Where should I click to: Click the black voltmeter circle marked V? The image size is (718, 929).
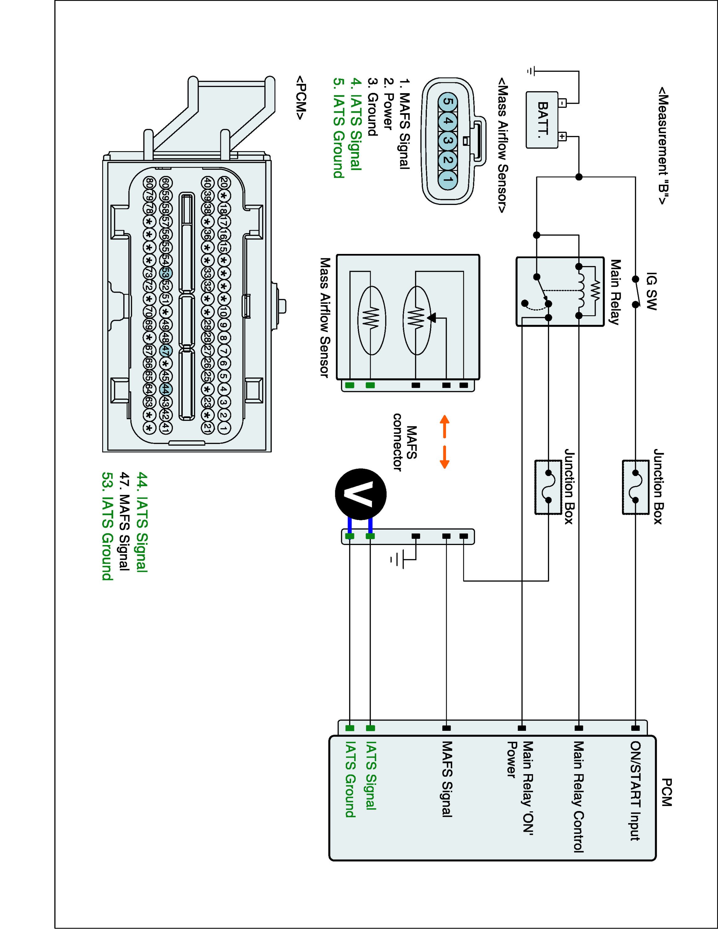(x=361, y=494)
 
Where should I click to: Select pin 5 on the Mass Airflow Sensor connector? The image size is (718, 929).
(x=447, y=102)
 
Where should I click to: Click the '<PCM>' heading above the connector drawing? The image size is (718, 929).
(x=301, y=98)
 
